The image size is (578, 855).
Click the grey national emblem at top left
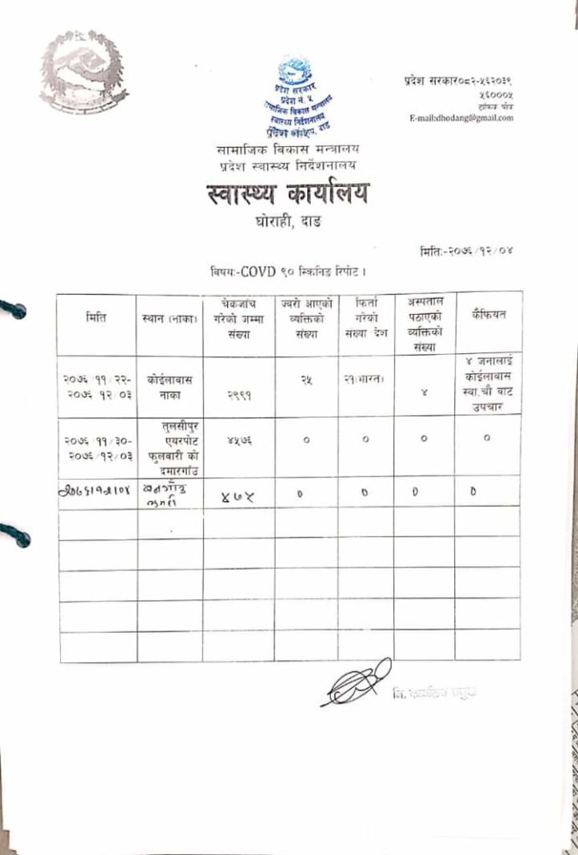tap(84, 72)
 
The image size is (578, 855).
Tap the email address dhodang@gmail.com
tap(461, 118)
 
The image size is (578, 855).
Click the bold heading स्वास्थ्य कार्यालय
tap(288, 195)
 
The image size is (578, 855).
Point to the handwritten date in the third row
tap(96, 492)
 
